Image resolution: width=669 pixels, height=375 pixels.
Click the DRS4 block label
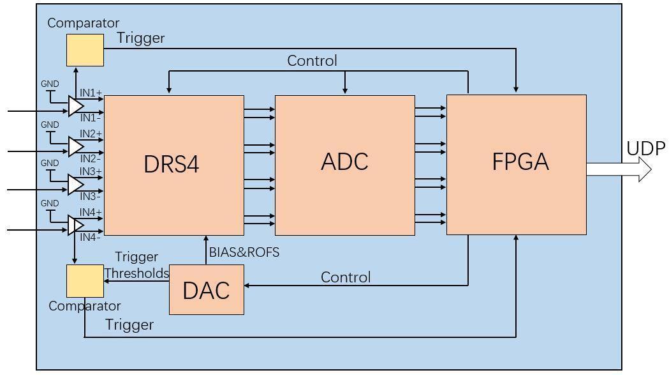(x=172, y=164)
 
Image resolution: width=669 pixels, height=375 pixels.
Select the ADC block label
(x=344, y=162)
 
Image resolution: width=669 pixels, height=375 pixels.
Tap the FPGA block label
(x=520, y=162)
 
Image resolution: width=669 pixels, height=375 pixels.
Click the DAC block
(x=206, y=290)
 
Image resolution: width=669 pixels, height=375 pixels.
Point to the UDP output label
(x=645, y=149)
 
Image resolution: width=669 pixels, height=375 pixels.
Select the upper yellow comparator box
(x=85, y=50)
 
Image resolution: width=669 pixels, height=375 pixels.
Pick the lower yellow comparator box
(x=85, y=280)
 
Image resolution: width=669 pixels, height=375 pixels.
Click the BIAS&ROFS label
(x=244, y=252)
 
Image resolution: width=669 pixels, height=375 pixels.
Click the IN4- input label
(x=90, y=238)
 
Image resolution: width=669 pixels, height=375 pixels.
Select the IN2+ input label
(x=91, y=134)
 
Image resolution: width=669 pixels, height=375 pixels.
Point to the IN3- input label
(x=90, y=196)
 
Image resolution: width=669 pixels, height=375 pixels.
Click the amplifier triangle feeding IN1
(x=76, y=106)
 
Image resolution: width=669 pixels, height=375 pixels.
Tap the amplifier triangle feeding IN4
(x=76, y=226)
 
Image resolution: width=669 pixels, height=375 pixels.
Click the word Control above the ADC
(x=312, y=61)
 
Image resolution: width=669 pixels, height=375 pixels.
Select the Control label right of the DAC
(x=345, y=277)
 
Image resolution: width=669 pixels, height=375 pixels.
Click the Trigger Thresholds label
(x=136, y=265)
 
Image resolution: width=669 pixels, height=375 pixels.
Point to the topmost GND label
(x=50, y=84)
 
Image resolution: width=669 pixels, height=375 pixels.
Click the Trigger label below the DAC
(x=129, y=325)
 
